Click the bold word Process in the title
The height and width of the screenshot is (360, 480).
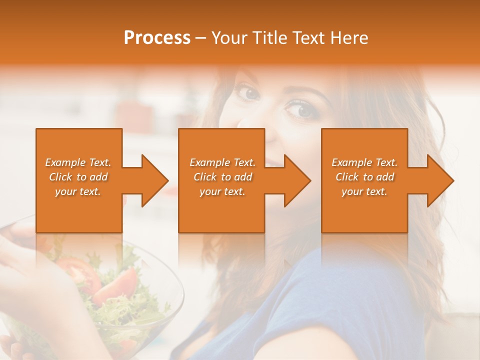click(157, 38)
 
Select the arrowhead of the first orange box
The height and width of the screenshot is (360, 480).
click(152, 180)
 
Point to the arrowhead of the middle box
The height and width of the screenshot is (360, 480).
click(295, 180)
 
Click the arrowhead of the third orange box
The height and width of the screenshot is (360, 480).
click(438, 180)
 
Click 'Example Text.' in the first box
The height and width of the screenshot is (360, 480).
click(78, 162)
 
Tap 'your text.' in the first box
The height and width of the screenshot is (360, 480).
click(78, 191)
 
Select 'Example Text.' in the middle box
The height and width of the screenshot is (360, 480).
click(222, 162)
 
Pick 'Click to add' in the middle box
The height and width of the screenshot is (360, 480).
click(222, 177)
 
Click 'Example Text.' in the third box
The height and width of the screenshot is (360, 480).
click(364, 162)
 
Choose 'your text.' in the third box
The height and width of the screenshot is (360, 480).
click(364, 191)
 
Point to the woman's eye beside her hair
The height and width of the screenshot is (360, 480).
click(299, 108)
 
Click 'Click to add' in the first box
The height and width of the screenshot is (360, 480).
click(78, 177)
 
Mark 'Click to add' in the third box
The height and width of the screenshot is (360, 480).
click(364, 177)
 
